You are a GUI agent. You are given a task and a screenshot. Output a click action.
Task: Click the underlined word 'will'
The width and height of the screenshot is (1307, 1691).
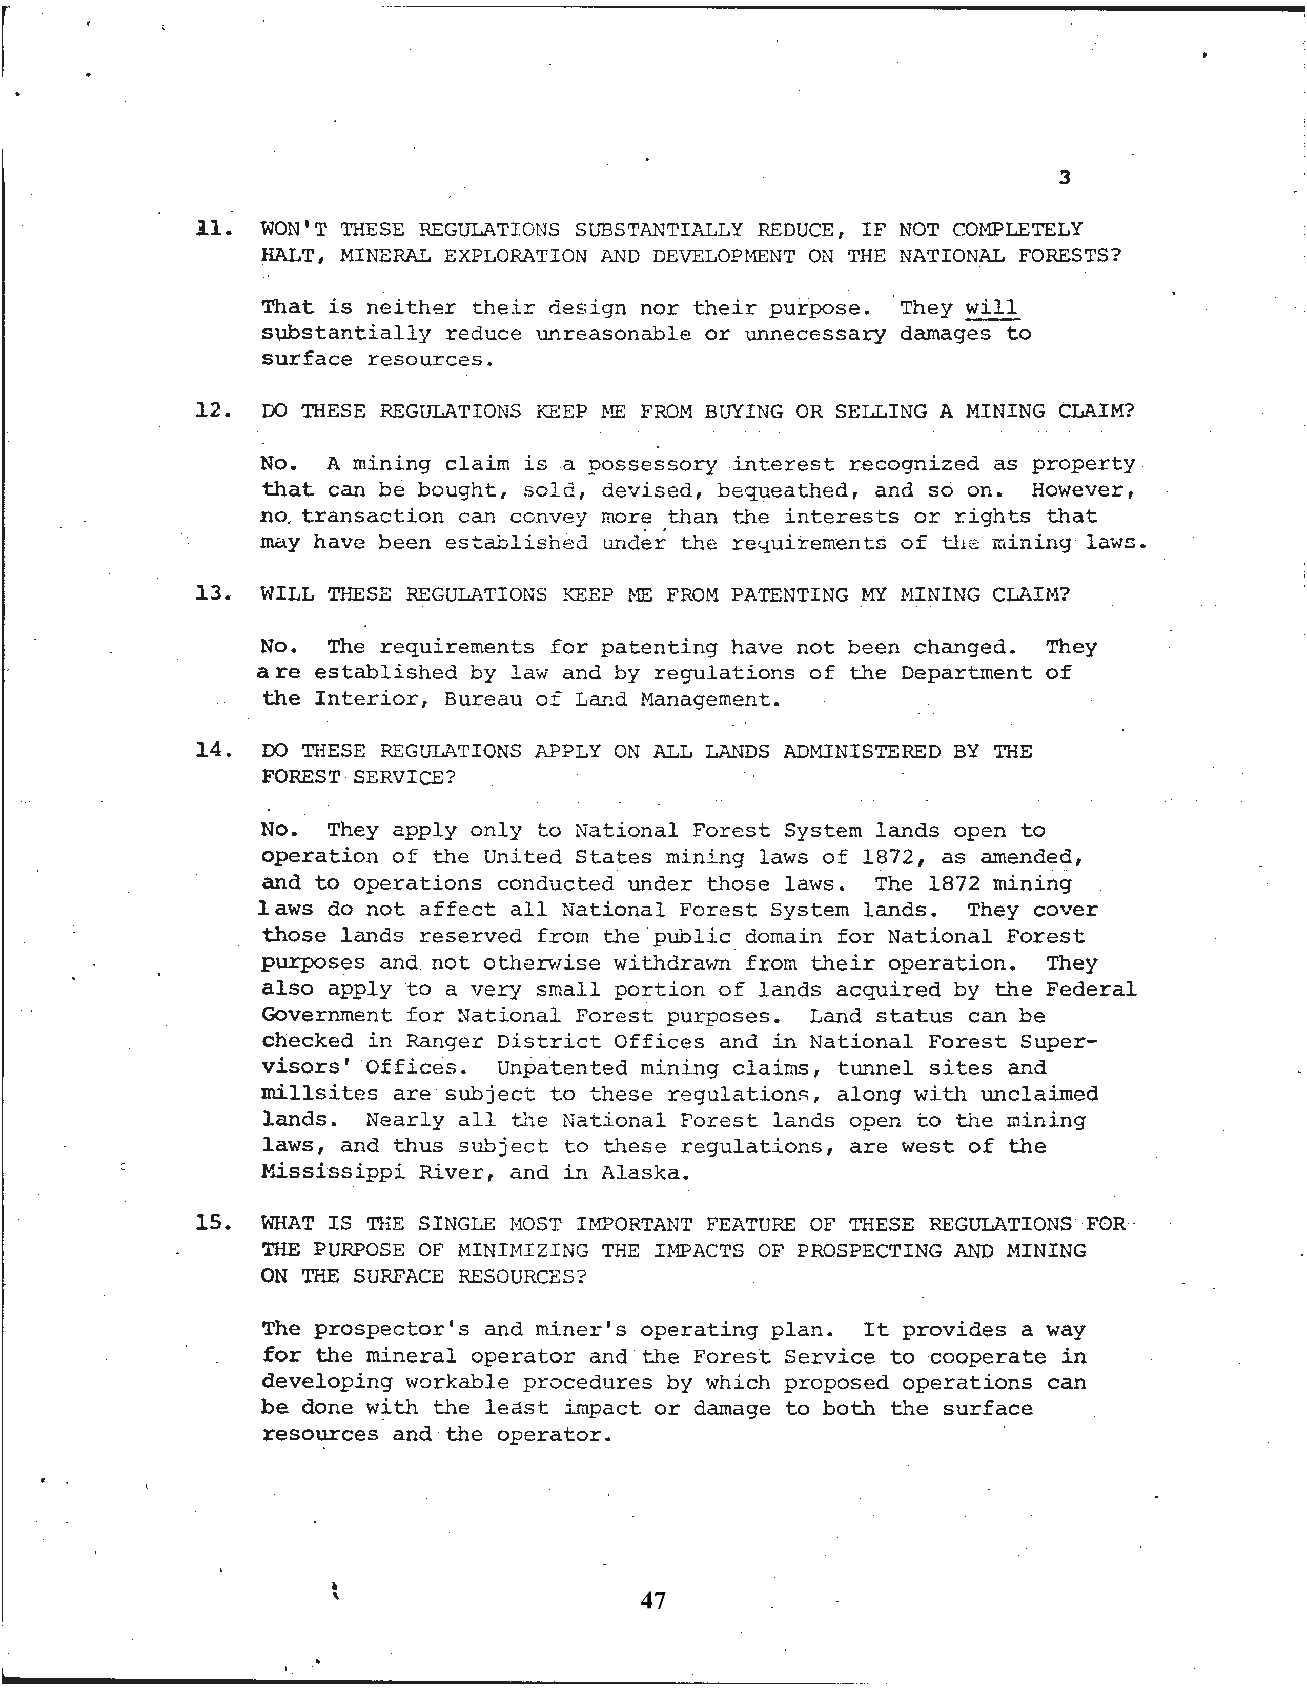991,307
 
